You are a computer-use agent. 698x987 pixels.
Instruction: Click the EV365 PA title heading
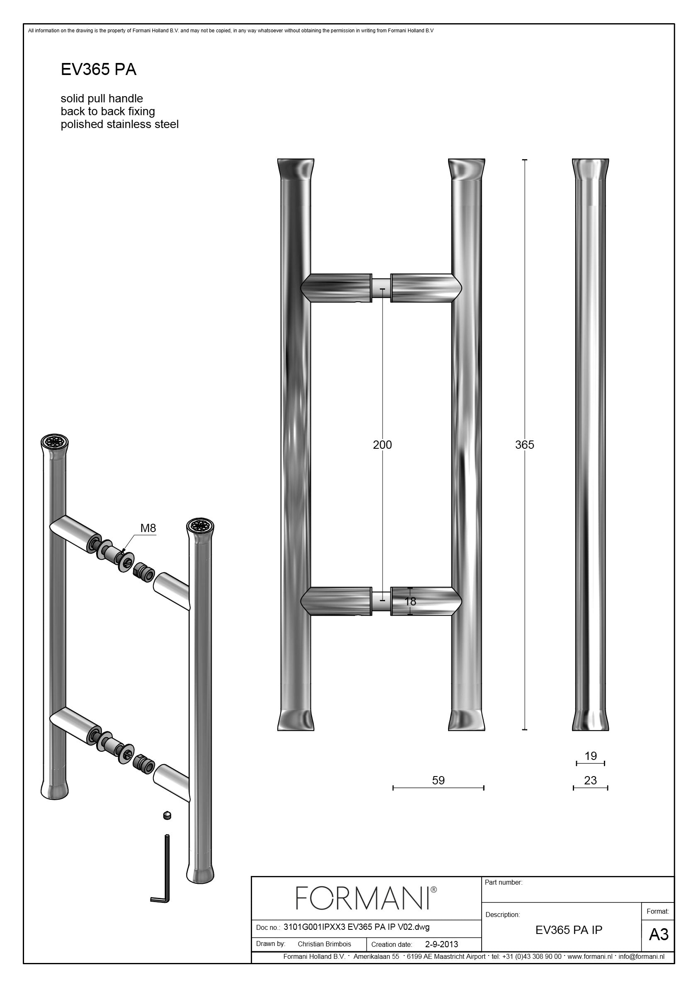99,70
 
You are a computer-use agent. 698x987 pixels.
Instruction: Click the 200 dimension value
382,445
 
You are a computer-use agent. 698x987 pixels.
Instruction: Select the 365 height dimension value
525,445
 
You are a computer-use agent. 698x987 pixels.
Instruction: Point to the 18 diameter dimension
410,601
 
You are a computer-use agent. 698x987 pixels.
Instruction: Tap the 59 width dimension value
438,780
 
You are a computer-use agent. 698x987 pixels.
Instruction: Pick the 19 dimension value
591,756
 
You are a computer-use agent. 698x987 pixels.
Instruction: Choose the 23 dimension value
591,780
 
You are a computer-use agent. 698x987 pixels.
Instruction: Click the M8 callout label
148,528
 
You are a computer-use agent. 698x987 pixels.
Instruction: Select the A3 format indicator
659,934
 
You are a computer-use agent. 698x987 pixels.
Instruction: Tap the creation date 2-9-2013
441,944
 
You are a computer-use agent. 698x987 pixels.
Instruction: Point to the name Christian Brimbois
324,944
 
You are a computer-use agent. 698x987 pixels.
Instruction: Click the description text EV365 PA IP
569,930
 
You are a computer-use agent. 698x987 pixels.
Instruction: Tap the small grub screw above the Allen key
167,815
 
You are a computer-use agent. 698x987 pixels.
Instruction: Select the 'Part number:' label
504,882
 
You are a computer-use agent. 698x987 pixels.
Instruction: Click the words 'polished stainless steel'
119,125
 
